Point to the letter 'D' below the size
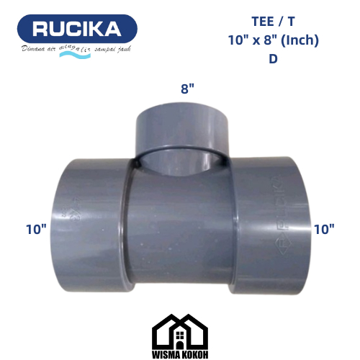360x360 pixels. [x=273, y=59]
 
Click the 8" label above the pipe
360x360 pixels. [x=186, y=90]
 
